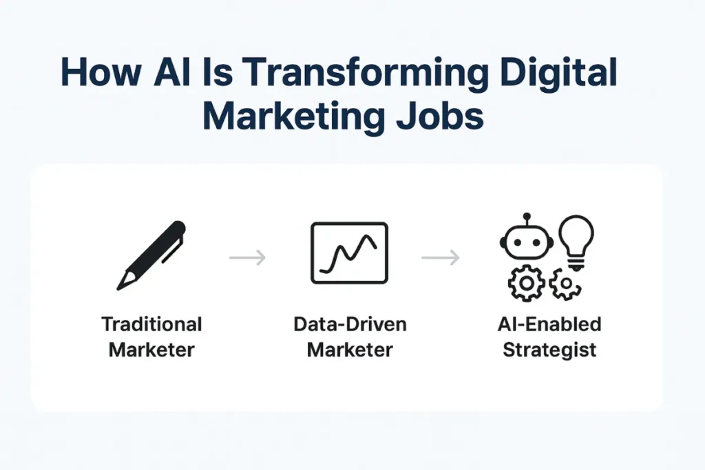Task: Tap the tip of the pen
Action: point(121,284)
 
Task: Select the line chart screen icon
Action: point(349,253)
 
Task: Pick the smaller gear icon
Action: point(565,284)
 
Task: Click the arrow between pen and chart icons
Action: point(247,258)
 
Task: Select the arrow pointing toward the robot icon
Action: point(441,258)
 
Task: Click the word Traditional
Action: point(151,324)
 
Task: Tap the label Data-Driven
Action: point(350,324)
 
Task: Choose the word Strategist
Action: point(549,349)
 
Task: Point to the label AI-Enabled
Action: point(549,324)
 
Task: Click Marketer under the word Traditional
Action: point(151,349)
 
